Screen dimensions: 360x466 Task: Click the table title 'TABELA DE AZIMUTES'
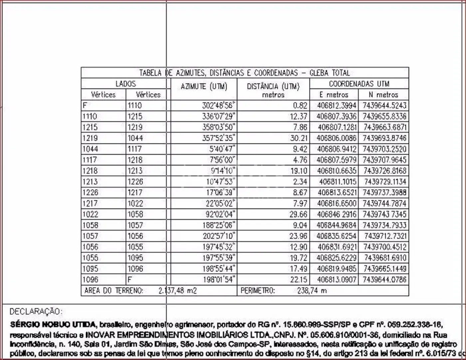click(244, 73)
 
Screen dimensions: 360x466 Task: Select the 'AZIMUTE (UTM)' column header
click(204, 87)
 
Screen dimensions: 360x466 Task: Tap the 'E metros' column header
click(334, 95)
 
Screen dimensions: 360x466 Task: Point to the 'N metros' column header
click(383, 95)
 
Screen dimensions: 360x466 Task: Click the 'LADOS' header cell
click(125, 84)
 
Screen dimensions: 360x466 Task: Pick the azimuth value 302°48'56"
click(219, 106)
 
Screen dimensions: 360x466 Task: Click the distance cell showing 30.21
click(299, 138)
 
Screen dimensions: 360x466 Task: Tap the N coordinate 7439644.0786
click(384, 279)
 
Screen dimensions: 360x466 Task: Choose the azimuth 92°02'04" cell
click(219, 214)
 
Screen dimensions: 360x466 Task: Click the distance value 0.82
click(300, 106)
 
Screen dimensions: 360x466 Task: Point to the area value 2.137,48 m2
click(178, 291)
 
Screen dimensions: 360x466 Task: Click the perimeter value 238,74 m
click(312, 291)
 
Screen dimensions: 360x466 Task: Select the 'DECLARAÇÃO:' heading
click(36, 312)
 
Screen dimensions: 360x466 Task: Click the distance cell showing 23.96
click(299, 236)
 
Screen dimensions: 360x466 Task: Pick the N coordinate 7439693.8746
click(384, 138)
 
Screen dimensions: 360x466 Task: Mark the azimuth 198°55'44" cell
click(219, 268)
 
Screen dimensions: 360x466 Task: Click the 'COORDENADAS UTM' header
click(359, 84)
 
